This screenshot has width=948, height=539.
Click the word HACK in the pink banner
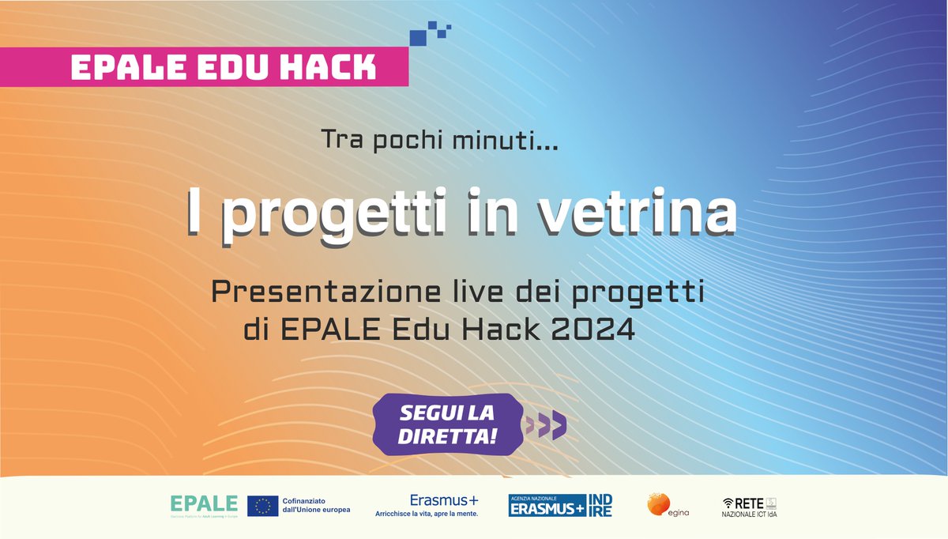tap(333, 68)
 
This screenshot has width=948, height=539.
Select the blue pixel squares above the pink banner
tap(430, 35)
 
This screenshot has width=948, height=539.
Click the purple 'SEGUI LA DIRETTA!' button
tap(447, 424)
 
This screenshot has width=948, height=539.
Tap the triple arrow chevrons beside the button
tap(547, 426)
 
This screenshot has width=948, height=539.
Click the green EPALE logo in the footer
tap(204, 504)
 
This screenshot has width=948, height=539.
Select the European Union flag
tap(262, 506)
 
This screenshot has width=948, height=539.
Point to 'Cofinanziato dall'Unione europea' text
tap(316, 506)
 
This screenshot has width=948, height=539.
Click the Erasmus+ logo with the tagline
tap(427, 505)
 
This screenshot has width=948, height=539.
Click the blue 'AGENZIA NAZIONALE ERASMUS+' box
tap(547, 506)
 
